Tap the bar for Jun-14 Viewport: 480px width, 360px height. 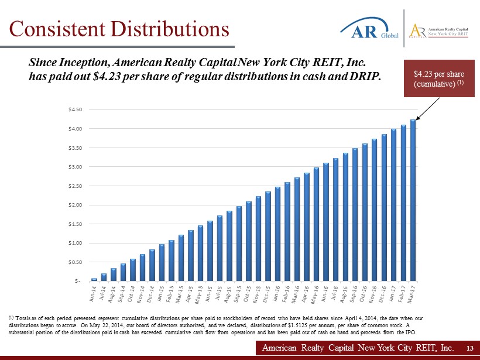tap(94, 279)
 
